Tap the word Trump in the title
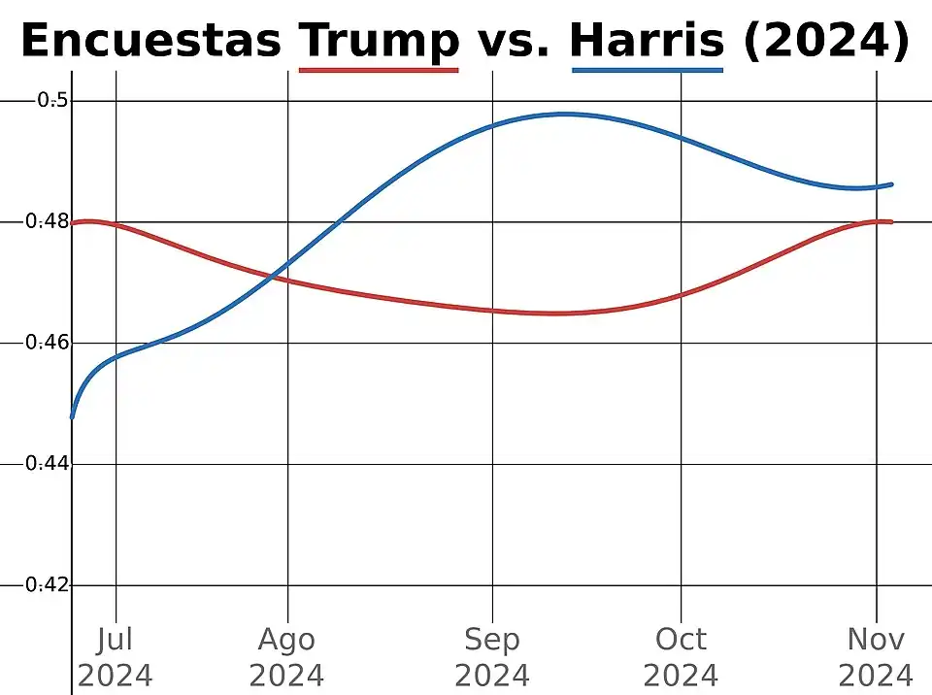click(380, 41)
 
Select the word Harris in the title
click(647, 41)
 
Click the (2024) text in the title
click(826, 41)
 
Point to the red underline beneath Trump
click(379, 70)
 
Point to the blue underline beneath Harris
click(648, 70)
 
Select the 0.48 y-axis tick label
click(48, 221)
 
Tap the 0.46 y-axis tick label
click(48, 343)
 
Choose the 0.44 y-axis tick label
click(48, 464)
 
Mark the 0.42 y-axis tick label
click(48, 585)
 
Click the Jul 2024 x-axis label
click(116, 657)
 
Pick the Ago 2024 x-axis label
click(286, 657)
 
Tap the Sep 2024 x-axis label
click(492, 657)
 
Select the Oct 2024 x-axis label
click(681, 657)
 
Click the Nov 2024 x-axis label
click(876, 657)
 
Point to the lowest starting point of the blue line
click(73, 416)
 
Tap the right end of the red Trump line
click(890, 221)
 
